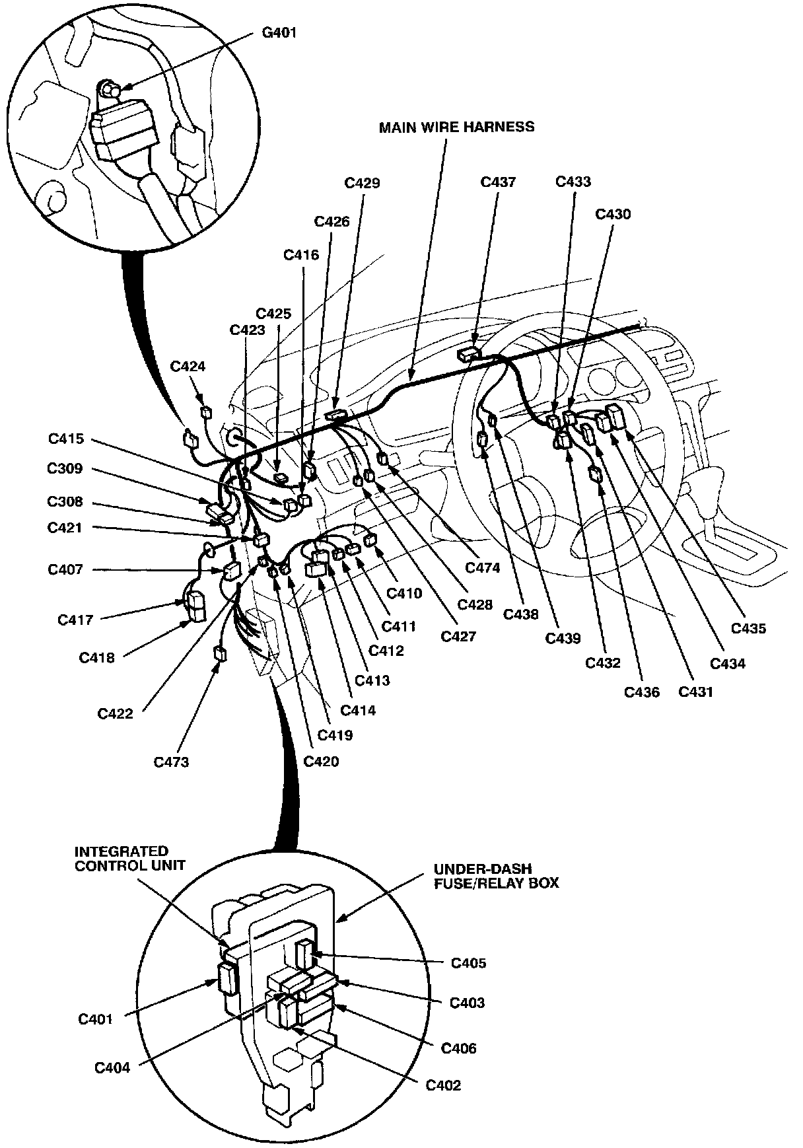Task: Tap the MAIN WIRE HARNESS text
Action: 456,127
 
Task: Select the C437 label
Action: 498,182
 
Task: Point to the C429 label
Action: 363,183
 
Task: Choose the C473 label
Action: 171,762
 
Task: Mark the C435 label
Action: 748,628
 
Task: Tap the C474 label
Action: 483,567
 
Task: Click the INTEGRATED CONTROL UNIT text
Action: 120,858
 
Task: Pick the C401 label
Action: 96,1019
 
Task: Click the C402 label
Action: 443,1085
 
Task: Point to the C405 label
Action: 468,962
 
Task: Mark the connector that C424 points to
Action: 207,412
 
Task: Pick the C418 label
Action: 96,657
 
